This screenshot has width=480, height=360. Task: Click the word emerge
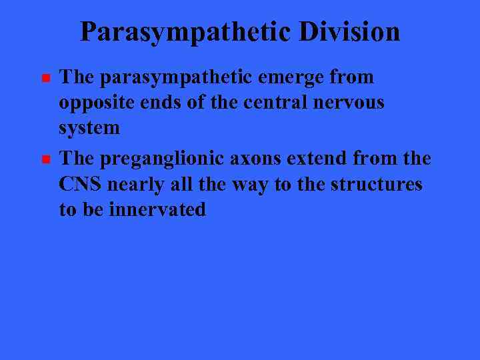[289, 78]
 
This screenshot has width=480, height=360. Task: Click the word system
[89, 128]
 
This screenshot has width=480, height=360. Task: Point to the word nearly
[133, 185]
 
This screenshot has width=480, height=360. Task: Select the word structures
[376, 184]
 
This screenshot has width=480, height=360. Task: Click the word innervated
[157, 209]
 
